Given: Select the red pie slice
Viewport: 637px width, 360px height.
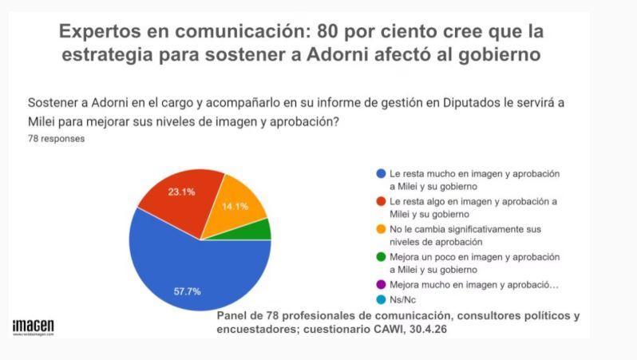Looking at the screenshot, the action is (x=179, y=199).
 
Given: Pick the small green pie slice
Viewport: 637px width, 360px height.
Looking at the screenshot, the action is (x=256, y=231).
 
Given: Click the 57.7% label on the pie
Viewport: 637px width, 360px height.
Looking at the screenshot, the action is (x=188, y=291).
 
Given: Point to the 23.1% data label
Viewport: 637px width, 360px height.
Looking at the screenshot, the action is (x=181, y=192).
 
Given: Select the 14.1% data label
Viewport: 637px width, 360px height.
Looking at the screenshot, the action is (x=235, y=207).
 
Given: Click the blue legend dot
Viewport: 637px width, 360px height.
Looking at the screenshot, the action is (x=381, y=174).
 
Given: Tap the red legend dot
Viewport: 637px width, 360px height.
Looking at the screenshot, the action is (x=381, y=201).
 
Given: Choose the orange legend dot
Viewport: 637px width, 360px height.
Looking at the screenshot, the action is (x=381, y=229).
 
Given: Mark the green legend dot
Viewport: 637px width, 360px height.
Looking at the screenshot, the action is (x=381, y=257).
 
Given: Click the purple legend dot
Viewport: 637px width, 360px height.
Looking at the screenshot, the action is (x=381, y=285).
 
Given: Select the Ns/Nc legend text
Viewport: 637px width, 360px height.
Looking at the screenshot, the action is (x=402, y=300).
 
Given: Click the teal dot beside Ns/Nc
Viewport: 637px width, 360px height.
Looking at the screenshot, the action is (x=381, y=300).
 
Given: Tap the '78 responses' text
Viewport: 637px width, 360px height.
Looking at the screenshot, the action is (x=57, y=139).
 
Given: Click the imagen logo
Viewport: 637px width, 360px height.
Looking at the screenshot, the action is (x=34, y=327).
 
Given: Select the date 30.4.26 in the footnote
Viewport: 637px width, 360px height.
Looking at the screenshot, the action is (x=428, y=329).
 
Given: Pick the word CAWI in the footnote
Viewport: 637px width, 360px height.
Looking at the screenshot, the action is (x=390, y=329).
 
